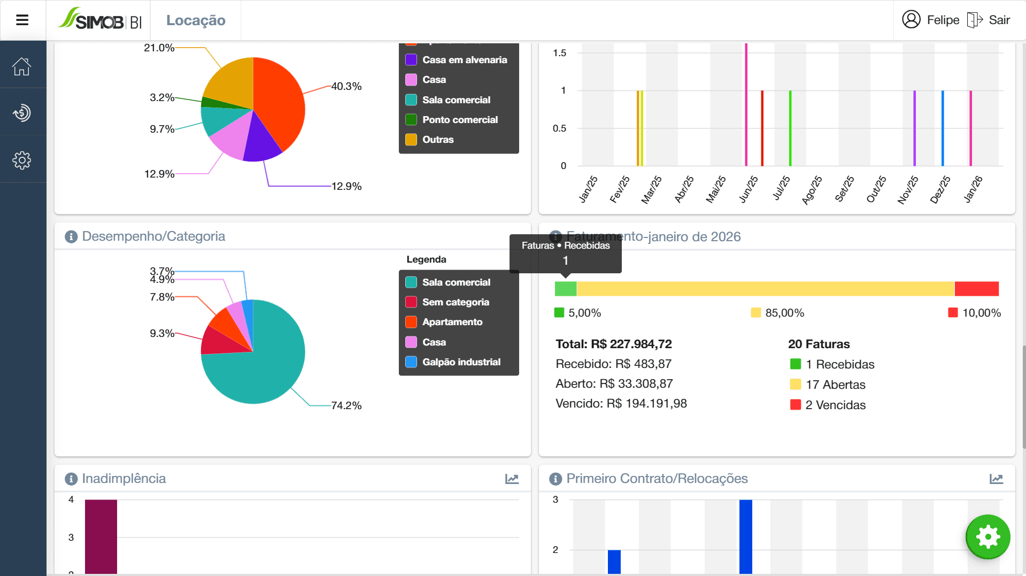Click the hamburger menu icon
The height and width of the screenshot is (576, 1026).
point(22,20)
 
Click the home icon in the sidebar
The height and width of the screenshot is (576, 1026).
point(22,66)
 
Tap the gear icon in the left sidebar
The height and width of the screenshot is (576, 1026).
point(22,160)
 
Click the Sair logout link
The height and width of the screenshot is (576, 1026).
point(998,20)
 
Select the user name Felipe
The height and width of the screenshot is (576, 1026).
point(943,20)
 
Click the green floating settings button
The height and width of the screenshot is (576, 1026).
point(988,536)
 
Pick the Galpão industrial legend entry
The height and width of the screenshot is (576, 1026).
point(461,362)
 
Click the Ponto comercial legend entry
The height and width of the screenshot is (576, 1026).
point(459,120)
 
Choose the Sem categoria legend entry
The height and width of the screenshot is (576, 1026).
point(455,302)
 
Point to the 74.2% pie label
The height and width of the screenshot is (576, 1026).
point(346,406)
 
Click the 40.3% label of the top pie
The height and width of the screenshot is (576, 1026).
point(346,87)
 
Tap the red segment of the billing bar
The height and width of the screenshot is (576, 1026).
point(976,289)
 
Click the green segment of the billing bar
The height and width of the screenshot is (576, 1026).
point(566,289)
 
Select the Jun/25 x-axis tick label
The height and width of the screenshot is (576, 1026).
point(749,189)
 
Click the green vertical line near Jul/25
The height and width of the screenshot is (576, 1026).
point(790,128)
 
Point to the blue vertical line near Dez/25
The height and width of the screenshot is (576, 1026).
point(943,128)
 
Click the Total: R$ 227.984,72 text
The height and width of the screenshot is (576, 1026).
point(614,344)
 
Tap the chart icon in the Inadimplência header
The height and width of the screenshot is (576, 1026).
point(512,479)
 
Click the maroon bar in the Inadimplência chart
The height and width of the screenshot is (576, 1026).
point(101,535)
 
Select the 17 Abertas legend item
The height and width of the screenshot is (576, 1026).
point(835,385)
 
